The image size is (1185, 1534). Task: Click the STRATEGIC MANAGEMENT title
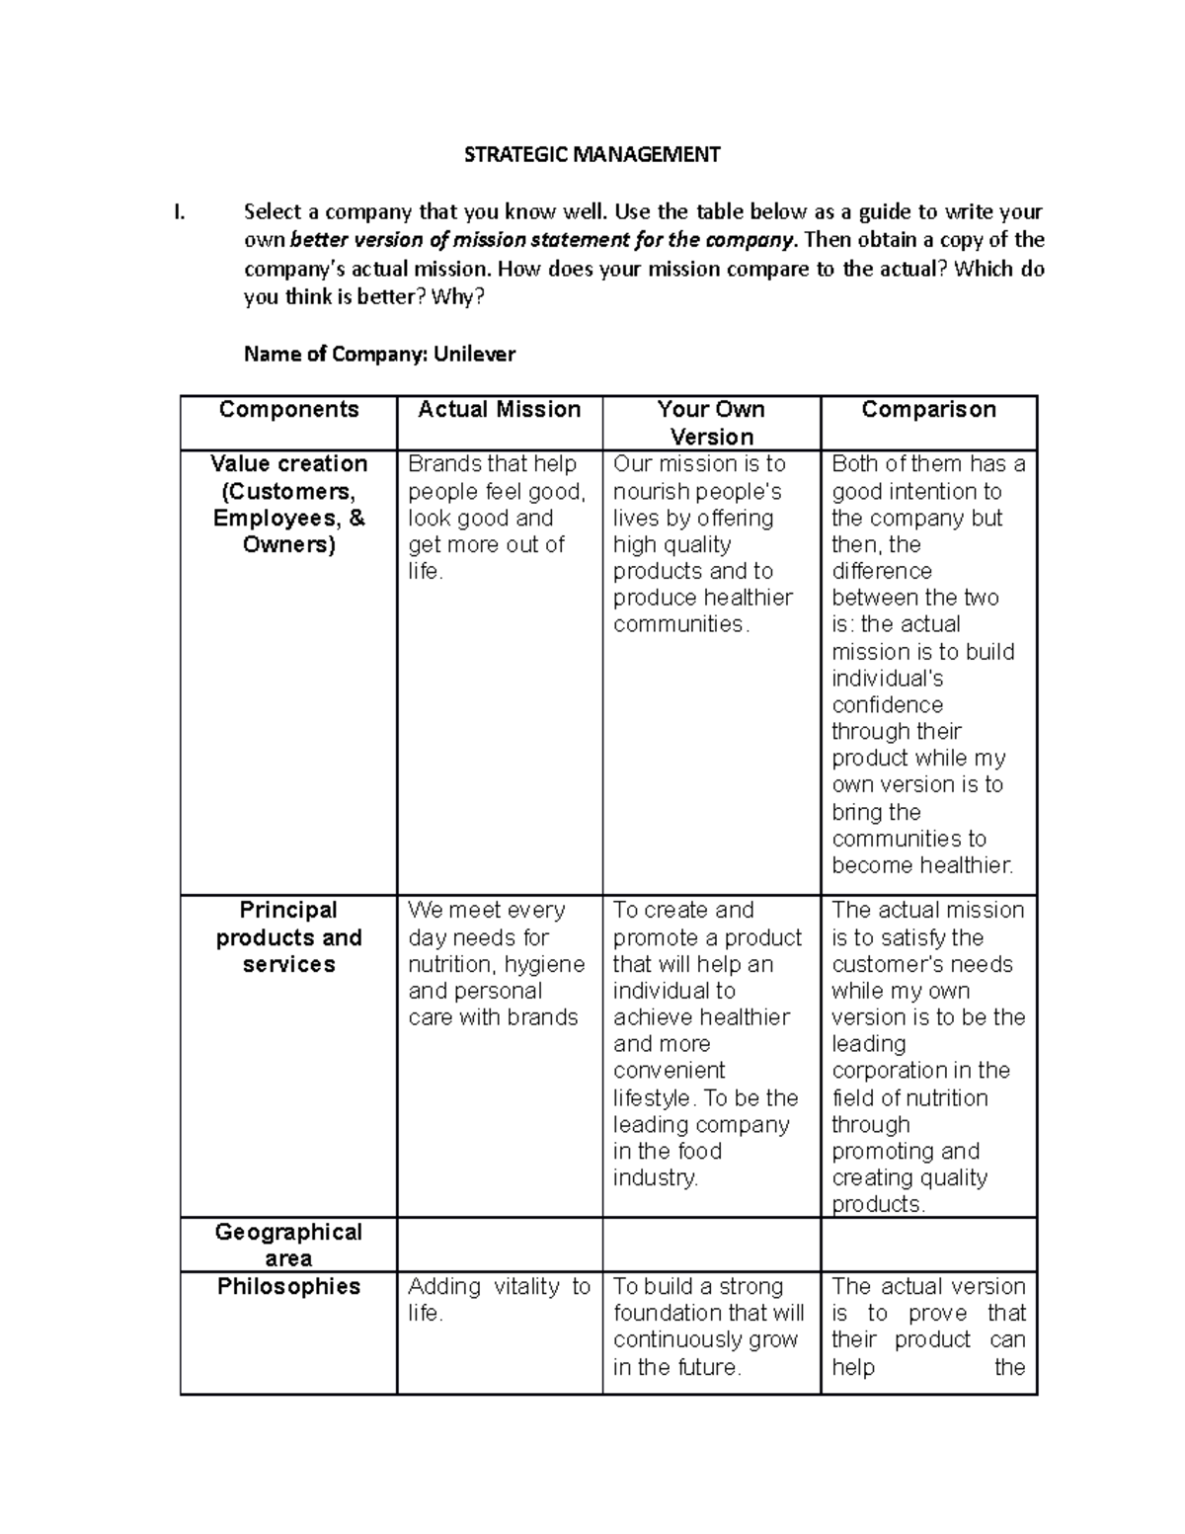592,154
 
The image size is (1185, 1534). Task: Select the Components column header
288,410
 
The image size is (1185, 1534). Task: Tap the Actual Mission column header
499,410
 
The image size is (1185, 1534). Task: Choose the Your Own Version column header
711,423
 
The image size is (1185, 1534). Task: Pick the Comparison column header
928,410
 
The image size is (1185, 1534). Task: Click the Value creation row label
288,504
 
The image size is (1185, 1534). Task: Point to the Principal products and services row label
288,936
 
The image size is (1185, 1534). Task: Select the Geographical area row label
288,1245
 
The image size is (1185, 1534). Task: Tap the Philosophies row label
288,1286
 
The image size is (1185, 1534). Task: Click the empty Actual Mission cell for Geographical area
499,1245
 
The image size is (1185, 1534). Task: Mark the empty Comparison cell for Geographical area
928,1245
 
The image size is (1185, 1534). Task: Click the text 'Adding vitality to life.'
499,1300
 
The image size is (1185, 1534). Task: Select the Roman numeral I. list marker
178,212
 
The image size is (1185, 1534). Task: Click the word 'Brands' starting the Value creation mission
441,464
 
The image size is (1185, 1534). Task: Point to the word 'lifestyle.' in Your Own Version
655,1097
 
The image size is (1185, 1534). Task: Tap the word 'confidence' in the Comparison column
887,704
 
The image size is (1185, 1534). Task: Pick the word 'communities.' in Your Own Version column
681,624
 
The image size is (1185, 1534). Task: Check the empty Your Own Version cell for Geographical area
711,1245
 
